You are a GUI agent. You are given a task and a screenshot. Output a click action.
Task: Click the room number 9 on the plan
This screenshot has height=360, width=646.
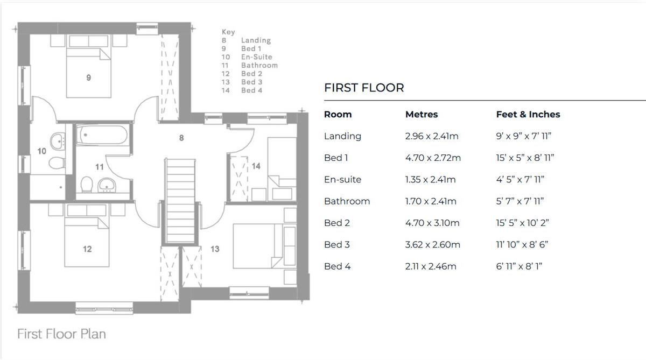pyautogui.click(x=88, y=78)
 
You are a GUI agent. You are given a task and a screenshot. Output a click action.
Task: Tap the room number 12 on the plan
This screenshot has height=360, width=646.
pyautogui.click(x=87, y=249)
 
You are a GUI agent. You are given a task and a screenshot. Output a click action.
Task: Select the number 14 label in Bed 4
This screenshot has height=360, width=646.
pyautogui.click(x=256, y=166)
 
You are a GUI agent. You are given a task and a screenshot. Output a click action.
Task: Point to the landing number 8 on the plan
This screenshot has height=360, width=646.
pyautogui.click(x=181, y=138)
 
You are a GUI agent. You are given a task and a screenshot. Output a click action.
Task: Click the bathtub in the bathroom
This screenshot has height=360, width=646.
pyautogui.click(x=102, y=135)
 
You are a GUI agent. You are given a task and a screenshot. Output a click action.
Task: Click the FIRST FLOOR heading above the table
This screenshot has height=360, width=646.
pyautogui.click(x=364, y=88)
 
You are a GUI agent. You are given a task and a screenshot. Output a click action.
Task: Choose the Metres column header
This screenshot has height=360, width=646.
pyautogui.click(x=421, y=115)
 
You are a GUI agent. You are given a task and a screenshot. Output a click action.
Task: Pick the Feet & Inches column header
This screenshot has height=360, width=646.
pyautogui.click(x=528, y=115)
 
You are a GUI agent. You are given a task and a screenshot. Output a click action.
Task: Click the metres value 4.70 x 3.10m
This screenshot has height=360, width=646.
pyautogui.click(x=432, y=223)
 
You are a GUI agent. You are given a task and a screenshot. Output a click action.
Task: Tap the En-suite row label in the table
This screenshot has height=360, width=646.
pyautogui.click(x=342, y=180)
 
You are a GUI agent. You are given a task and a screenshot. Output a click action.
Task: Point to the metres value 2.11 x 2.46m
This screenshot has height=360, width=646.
pyautogui.click(x=431, y=266)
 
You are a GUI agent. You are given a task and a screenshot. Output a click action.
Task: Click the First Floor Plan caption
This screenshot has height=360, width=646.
pyautogui.click(x=61, y=334)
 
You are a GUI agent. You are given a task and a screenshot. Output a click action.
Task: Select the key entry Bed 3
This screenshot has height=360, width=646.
pyautogui.click(x=251, y=82)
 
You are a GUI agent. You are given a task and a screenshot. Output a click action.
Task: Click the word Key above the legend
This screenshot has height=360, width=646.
pyautogui.click(x=228, y=32)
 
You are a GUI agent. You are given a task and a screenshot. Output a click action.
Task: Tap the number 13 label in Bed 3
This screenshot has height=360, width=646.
pyautogui.click(x=215, y=249)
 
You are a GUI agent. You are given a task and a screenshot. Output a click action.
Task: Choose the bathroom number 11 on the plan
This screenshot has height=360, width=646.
pyautogui.click(x=100, y=167)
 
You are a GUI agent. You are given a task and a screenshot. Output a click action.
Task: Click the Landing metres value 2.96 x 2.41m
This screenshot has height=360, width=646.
pyautogui.click(x=432, y=136)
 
